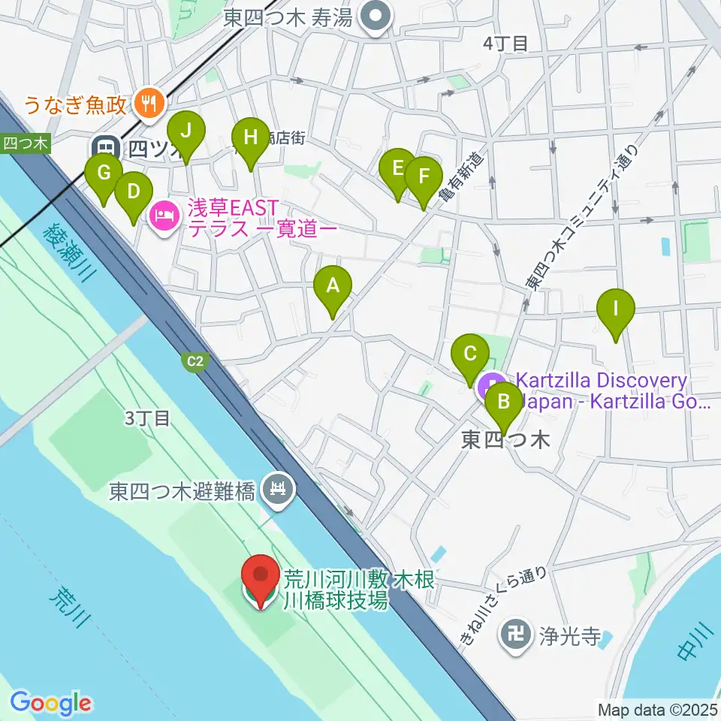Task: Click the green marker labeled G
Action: point(104,174)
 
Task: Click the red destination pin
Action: point(261,578)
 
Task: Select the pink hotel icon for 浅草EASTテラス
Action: point(164,218)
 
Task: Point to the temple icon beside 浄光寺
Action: point(515,637)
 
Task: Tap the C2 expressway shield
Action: point(195,362)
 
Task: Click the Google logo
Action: point(50,704)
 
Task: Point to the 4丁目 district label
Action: point(505,44)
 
